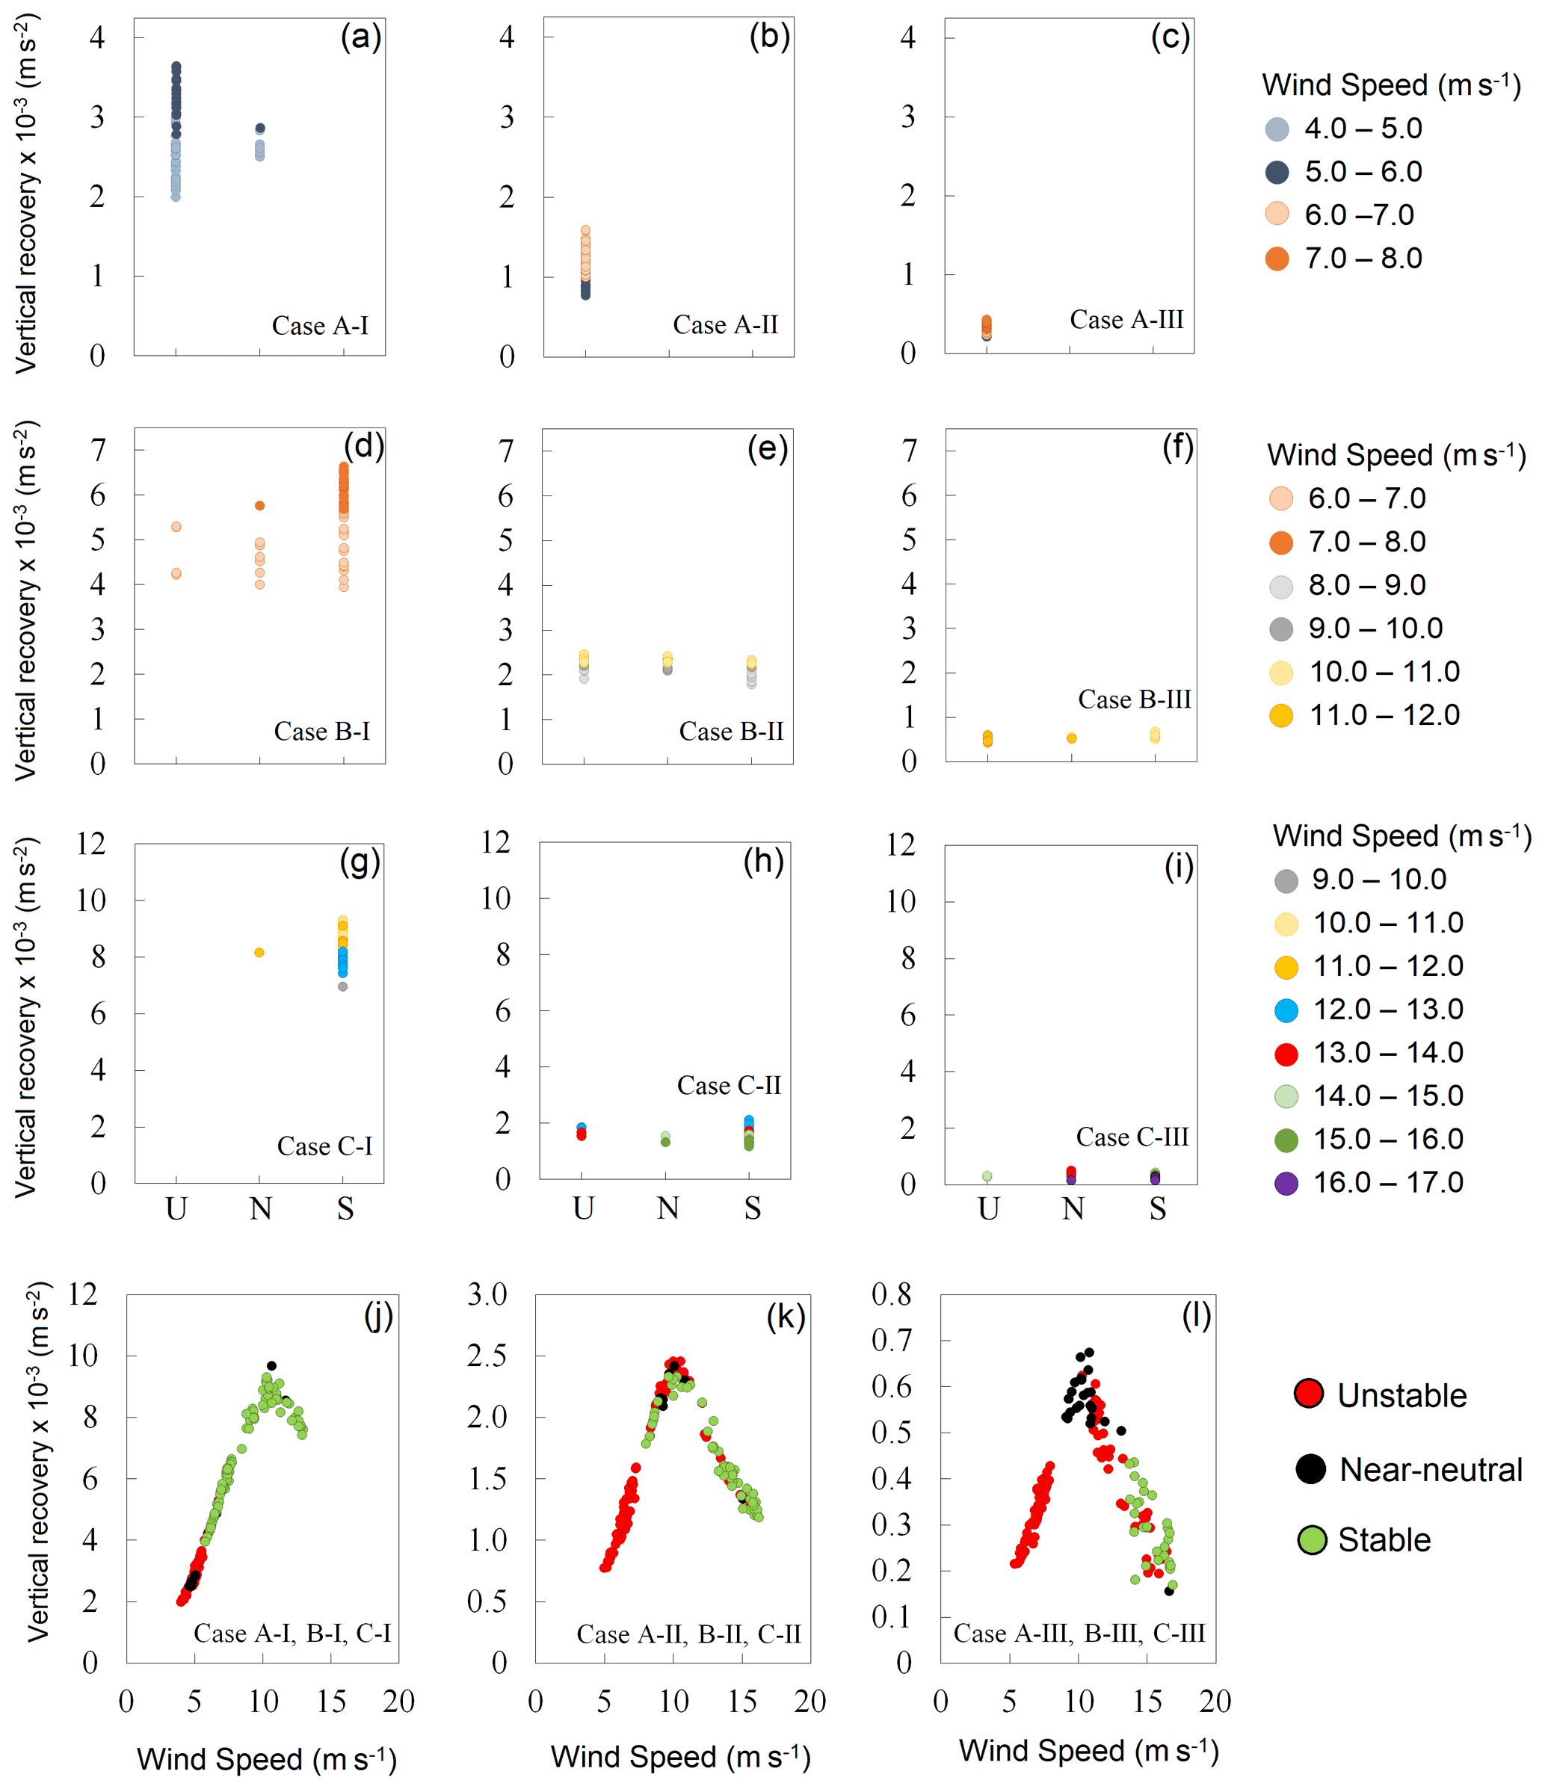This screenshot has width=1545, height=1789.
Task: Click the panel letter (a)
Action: pos(360,38)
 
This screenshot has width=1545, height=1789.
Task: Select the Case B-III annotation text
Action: pos(1134,699)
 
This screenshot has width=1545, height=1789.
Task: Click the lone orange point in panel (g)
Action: pos(259,952)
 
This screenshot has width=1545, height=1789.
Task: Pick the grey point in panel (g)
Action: pos(343,986)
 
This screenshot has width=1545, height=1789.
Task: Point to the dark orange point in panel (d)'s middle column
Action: pos(260,506)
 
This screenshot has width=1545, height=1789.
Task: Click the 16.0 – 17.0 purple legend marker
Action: pos(1286,1183)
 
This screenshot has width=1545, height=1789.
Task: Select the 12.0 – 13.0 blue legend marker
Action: pos(1286,1010)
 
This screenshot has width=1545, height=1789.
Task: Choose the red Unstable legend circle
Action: pos(1310,1393)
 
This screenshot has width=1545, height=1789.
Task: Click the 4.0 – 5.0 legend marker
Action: pos(1277,129)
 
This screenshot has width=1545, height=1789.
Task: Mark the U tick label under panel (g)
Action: pos(176,1209)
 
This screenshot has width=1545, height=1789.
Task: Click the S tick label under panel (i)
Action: pos(1157,1209)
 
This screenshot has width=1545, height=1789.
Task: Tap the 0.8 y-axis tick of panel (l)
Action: pos(891,1294)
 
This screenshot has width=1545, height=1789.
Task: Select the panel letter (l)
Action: pos(1195,1317)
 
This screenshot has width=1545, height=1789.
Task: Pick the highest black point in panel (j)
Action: pos(271,1366)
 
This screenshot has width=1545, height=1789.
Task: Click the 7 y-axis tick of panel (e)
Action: pos(506,450)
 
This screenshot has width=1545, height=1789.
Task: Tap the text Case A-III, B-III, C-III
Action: pos(1079,1633)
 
